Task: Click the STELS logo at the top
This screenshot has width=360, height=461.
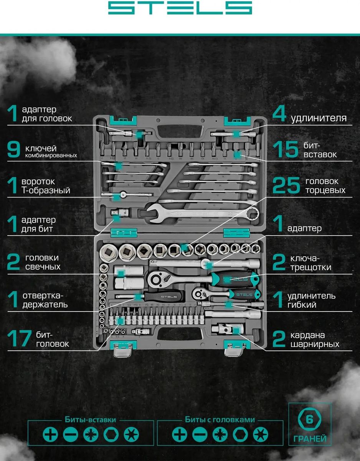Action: pyautogui.click(x=180, y=8)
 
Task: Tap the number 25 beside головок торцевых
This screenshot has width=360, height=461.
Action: pyautogui.click(x=286, y=186)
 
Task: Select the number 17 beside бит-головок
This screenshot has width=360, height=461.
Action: pyautogui.click(x=19, y=338)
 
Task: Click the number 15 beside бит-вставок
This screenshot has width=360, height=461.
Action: pyautogui.click(x=286, y=149)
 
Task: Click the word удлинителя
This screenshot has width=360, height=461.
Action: pyautogui.click(x=319, y=118)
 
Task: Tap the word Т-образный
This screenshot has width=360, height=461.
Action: pyautogui.click(x=46, y=190)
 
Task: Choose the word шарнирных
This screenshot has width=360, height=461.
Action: pyautogui.click(x=315, y=344)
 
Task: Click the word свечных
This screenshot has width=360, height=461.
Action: pyautogui.click(x=43, y=267)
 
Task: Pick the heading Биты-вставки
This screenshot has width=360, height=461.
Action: pyautogui.click(x=91, y=420)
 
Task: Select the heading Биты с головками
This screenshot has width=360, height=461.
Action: pyautogui.click(x=220, y=420)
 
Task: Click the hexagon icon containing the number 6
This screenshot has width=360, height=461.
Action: pyautogui.click(x=310, y=419)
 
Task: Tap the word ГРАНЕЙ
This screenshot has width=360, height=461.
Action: pyautogui.click(x=310, y=438)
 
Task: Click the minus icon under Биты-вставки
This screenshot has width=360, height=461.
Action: pyautogui.click(x=70, y=434)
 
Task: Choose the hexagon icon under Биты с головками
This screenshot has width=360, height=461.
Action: pyautogui.click(x=240, y=434)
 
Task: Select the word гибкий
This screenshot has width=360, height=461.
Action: pyautogui.click(x=302, y=305)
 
